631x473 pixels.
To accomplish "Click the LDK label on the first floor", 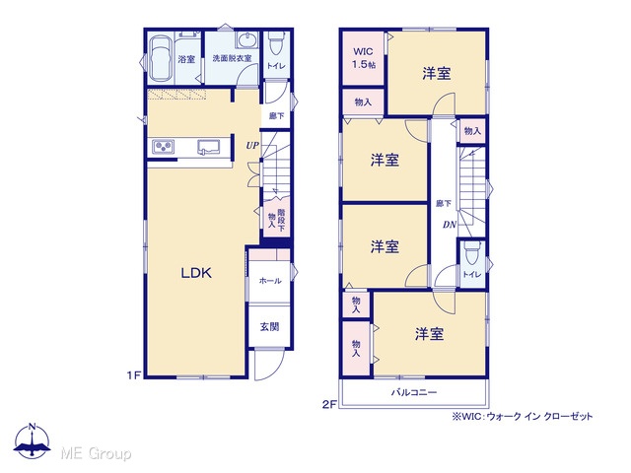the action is pos(196,273).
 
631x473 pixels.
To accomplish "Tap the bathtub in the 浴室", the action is pos(161,59).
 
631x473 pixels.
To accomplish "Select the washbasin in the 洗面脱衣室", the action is pos(245,40).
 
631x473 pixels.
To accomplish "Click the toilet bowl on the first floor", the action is pos(276,43).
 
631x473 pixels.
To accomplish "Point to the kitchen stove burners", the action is pos(163,147).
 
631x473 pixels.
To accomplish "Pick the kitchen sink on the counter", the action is pos(208,147).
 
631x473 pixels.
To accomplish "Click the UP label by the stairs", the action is pos(252,146).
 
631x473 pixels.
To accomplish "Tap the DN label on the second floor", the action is pos(450,225).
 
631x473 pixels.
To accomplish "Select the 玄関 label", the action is pos(269,326).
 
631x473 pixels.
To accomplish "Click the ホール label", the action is pos(269,281).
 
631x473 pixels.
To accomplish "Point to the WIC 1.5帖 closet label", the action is pos(364,58).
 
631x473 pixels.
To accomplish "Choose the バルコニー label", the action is pos(414,392).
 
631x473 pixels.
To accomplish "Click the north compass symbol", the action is pos(33,440).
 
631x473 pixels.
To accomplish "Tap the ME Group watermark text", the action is pos(96,453).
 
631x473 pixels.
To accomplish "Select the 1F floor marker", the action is pos(134,375).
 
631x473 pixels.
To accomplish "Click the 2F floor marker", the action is pos(328,405).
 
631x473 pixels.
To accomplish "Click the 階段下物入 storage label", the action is pos(276,220).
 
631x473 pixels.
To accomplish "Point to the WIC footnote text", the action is pos(523,416).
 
